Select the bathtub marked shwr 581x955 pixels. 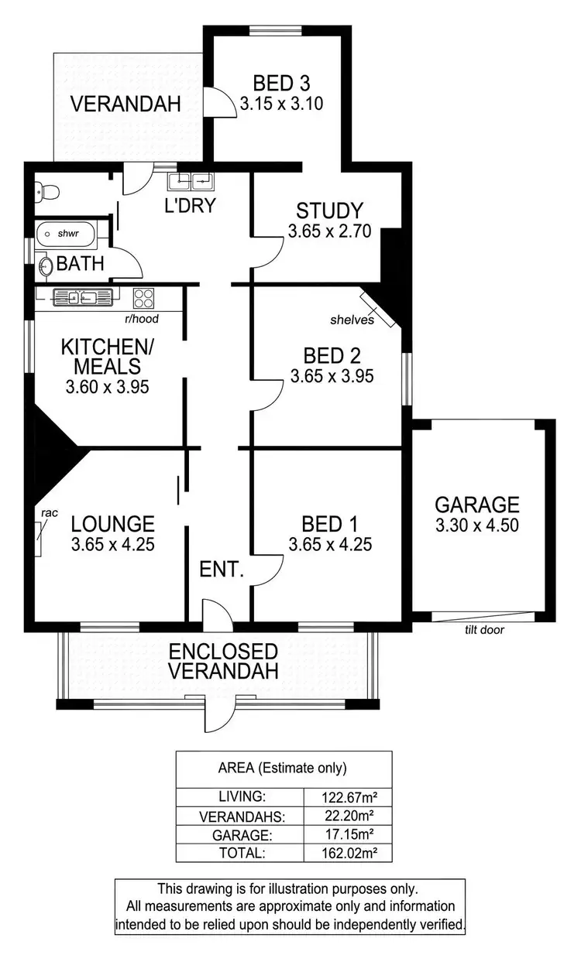click(65, 232)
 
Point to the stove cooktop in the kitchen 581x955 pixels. click(143, 297)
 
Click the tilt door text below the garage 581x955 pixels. click(484, 630)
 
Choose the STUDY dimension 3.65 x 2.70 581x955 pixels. click(330, 231)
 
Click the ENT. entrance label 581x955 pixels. click(222, 571)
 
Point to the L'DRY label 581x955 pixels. click(189, 207)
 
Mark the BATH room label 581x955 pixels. click(81, 264)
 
